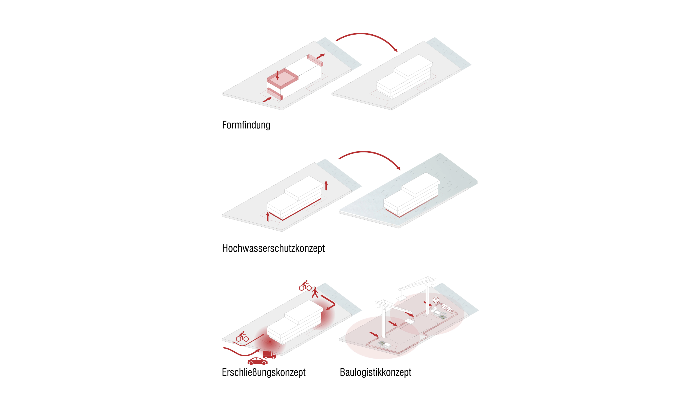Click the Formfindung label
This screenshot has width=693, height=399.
(246, 125)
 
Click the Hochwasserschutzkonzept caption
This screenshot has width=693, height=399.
(273, 249)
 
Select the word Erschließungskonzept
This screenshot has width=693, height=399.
(264, 372)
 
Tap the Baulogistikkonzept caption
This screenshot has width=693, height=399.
(376, 372)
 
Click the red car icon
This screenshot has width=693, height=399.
(258, 361)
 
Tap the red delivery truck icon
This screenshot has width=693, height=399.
(269, 355)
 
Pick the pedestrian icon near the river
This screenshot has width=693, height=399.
(315, 293)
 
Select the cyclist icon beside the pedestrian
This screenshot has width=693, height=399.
(305, 286)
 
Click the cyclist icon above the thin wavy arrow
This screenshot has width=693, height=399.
(242, 336)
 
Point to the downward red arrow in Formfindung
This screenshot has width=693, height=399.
(277, 75)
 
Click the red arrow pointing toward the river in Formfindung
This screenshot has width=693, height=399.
(320, 56)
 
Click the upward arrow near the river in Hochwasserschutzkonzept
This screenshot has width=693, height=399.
(326, 185)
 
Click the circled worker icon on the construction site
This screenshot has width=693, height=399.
(436, 300)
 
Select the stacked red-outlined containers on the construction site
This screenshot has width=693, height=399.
(447, 308)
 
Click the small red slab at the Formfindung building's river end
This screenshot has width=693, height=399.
(315, 60)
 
